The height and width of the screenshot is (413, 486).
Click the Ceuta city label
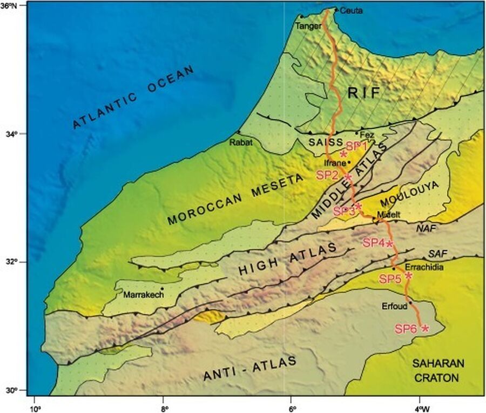pyautogui.click(x=352, y=11)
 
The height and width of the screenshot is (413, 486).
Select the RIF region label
pyautogui.click(x=364, y=94)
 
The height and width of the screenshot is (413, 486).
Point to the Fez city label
pyautogui.click(x=367, y=135)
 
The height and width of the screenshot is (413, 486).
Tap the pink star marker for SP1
pyautogui.click(x=343, y=154)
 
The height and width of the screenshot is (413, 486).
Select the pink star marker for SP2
pyautogui.click(x=348, y=177)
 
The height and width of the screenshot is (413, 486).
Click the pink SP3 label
pyautogui.click(x=344, y=211)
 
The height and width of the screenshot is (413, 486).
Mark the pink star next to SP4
pyautogui.click(x=389, y=243)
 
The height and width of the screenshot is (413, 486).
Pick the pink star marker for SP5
pyautogui.click(x=408, y=276)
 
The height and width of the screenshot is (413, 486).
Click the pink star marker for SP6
pyautogui.click(x=425, y=328)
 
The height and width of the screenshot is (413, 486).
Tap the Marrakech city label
pyautogui.click(x=141, y=295)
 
